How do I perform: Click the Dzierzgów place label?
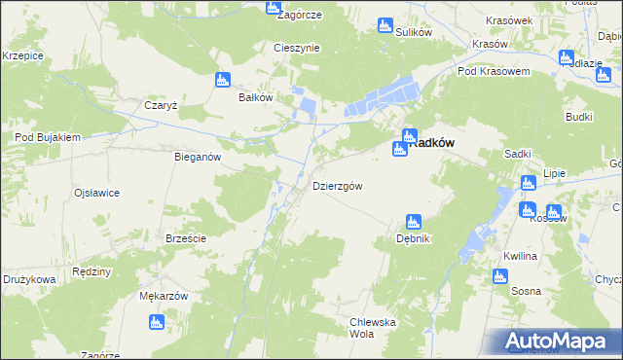(338, 186)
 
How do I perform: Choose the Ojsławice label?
(96, 193)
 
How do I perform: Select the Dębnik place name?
(413, 238)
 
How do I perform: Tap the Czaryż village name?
(160, 105)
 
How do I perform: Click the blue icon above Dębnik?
(413, 222)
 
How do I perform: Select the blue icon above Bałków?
(223, 80)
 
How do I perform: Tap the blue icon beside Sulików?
(385, 25)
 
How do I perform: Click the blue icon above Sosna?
(500, 275)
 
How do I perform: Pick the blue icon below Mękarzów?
(154, 321)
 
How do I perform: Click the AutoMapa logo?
(560, 341)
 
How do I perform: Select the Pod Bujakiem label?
(47, 138)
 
